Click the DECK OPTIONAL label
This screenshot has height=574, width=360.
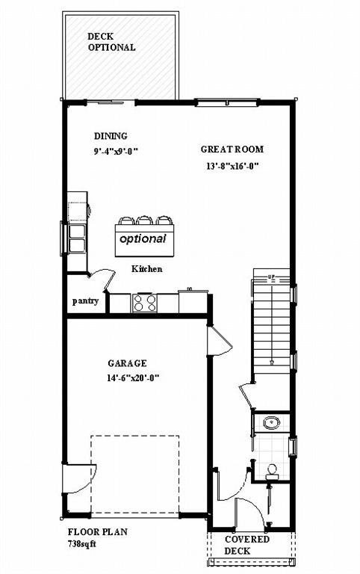point(111,42)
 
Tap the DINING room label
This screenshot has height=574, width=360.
point(111,136)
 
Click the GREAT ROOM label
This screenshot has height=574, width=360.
point(232,149)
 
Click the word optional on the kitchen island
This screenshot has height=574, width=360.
point(143,239)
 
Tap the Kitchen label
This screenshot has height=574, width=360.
point(147,269)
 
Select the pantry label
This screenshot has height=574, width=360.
point(86,301)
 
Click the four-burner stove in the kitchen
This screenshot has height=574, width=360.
point(144,303)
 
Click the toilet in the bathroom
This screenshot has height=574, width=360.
point(272,470)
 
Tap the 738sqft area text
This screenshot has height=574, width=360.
point(82,543)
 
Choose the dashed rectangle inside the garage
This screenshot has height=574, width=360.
point(135,476)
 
